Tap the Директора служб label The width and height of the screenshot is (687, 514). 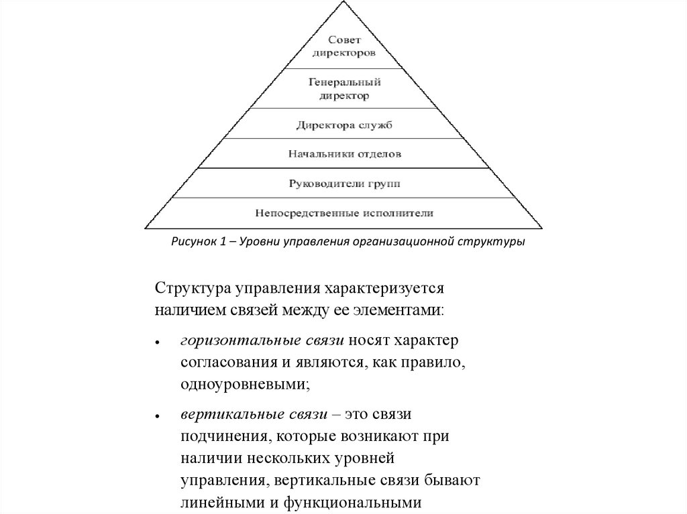(x=344, y=124)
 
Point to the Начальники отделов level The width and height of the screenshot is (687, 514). (x=344, y=154)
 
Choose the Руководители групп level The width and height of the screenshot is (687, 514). (x=344, y=182)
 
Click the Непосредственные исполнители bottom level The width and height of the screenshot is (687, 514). (x=344, y=213)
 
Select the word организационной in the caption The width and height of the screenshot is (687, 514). (x=403, y=241)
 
